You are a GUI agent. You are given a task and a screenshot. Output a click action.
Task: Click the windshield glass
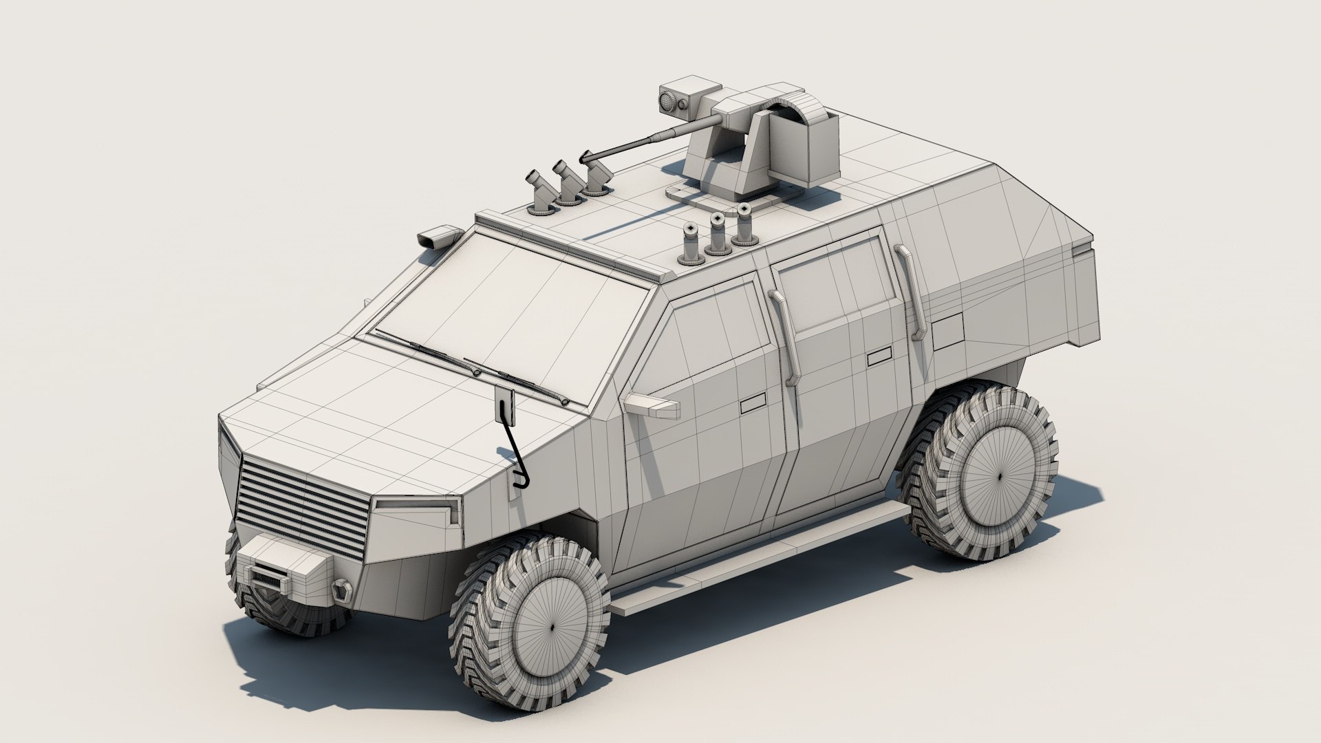509,310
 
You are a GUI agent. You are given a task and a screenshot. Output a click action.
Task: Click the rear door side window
833,282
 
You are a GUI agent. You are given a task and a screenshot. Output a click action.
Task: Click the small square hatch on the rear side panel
948,334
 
